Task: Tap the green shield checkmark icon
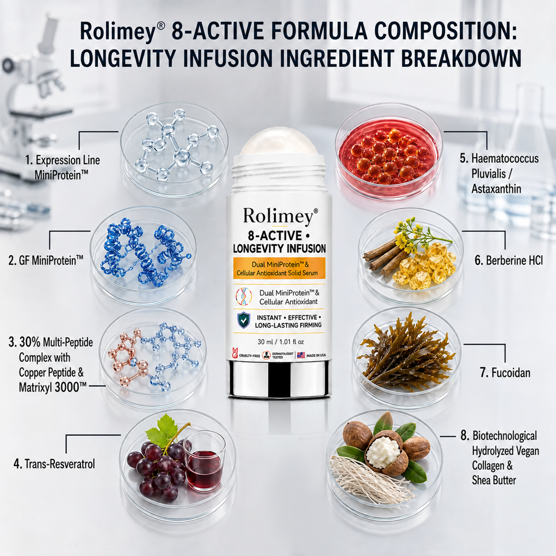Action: click(244, 320)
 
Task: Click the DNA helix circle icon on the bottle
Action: click(243, 297)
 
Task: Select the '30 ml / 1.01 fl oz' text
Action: click(280, 342)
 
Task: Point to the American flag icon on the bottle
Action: click(301, 355)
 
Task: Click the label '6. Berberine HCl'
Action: click(508, 260)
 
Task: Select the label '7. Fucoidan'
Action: click(505, 373)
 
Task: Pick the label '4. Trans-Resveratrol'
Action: click(54, 464)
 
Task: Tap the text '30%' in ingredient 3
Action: click(30, 342)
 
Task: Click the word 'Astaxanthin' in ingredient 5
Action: click(496, 188)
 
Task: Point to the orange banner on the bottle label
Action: click(279, 268)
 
